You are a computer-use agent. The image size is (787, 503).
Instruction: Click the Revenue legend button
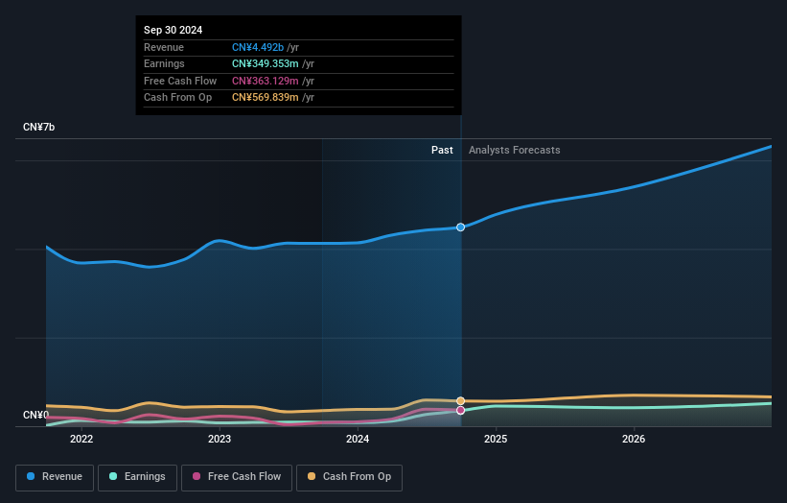(x=55, y=477)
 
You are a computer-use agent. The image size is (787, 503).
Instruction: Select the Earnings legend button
(x=137, y=477)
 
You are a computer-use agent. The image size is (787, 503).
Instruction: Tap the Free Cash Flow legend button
(x=237, y=477)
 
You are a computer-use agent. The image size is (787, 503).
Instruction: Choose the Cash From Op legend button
(x=349, y=477)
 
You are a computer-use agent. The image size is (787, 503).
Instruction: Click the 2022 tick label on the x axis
(x=81, y=440)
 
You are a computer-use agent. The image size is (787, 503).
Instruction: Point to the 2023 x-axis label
(x=220, y=440)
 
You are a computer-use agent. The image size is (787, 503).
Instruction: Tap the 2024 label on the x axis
(x=358, y=440)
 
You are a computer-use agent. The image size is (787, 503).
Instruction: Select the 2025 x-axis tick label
(x=496, y=440)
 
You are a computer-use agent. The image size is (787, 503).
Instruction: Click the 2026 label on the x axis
(x=634, y=440)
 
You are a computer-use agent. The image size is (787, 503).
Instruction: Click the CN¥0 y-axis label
(x=36, y=415)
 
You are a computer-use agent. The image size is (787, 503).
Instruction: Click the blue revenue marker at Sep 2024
(x=461, y=228)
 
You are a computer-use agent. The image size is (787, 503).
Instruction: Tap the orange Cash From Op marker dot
(x=461, y=400)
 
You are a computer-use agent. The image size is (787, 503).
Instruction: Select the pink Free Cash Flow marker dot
(x=461, y=410)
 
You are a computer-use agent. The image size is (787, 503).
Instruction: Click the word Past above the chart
(x=442, y=150)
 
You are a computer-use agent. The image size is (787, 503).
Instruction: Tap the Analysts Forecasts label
(x=515, y=150)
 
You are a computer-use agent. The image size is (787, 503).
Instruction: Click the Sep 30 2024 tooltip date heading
(x=174, y=31)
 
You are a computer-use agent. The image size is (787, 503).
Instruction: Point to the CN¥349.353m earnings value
(x=272, y=64)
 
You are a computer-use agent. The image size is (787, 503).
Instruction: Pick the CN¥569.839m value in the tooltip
(x=272, y=97)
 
